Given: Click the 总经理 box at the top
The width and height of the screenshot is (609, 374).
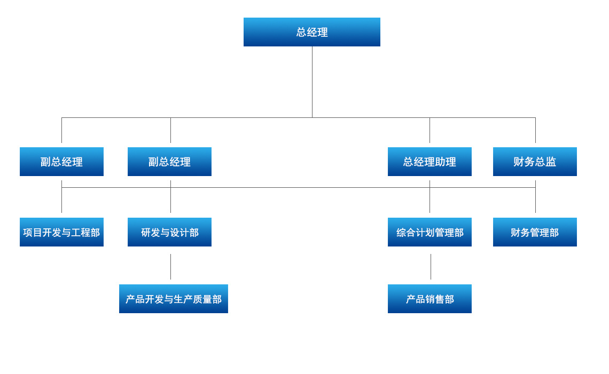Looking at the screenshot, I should tap(312, 32).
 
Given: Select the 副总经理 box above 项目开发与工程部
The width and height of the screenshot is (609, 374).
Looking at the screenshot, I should tap(61, 162).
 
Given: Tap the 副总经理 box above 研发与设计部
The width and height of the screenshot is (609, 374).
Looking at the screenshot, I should tap(169, 162).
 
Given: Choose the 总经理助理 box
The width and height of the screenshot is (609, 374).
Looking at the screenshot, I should tap(430, 162).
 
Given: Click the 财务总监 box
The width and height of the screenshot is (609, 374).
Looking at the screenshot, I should tap(535, 162).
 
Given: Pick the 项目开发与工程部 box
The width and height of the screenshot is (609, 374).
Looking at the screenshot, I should tap(61, 232).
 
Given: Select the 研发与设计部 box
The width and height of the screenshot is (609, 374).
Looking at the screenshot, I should tap(169, 232).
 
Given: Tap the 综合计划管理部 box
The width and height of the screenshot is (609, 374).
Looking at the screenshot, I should tap(430, 232).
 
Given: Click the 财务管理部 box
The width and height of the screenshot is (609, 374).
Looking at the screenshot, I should tap(535, 232).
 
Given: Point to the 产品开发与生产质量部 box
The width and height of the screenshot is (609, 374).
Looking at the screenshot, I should tap(174, 299).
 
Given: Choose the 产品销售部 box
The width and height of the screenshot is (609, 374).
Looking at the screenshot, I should tap(430, 299).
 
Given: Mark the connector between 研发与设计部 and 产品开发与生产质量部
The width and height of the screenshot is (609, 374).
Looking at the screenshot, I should tap(170, 266).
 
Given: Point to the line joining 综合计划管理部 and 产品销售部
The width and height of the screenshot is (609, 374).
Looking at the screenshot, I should tap(431, 266).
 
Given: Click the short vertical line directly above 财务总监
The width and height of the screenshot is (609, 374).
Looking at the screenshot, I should tap(535, 130).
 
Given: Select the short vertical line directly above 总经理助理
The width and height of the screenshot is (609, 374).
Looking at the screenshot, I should tap(430, 130).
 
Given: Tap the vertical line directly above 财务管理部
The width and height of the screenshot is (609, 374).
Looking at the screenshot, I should tap(535, 201).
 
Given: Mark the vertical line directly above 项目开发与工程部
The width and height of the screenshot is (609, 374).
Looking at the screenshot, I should tap(61, 201).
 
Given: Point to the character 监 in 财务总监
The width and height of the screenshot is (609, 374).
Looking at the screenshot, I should tap(551, 162).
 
